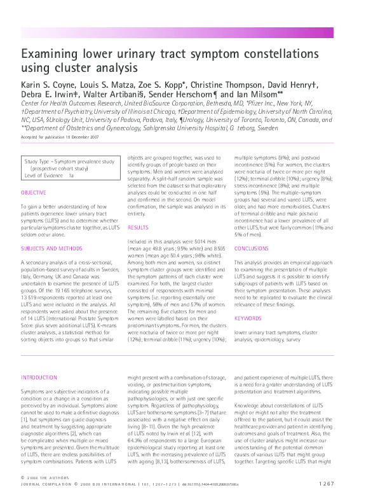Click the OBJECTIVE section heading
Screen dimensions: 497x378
(x=33, y=192)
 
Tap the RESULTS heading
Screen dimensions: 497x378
(x=138, y=227)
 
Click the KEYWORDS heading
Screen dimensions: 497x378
(x=248, y=318)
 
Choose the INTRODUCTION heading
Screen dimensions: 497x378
(x=39, y=378)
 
